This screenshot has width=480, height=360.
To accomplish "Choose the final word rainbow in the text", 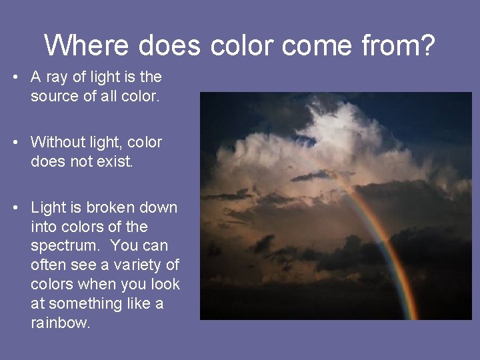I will pos(61,323).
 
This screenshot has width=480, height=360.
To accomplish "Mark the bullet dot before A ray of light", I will pos(15,77).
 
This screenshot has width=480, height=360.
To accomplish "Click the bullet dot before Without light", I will pos(15,143).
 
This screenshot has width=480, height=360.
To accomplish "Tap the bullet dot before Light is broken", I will pos(15,208).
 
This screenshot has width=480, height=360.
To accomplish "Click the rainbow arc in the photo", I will pos(387,247).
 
